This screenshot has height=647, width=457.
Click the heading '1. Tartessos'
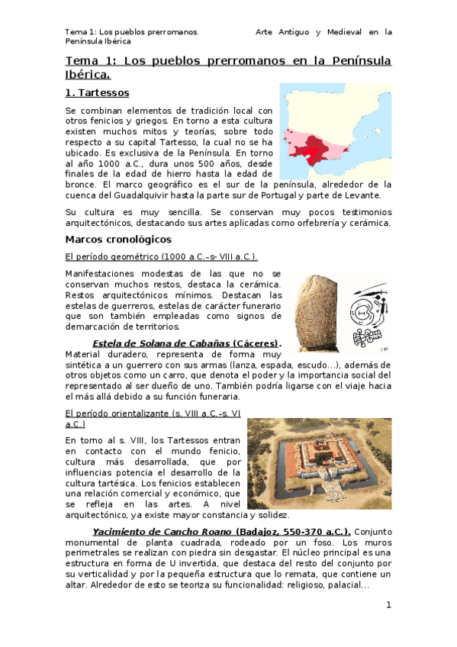97,93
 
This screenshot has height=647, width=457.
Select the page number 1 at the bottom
388,605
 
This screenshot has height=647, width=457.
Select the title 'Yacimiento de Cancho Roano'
163,531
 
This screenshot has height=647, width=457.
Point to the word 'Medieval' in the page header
335,32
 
